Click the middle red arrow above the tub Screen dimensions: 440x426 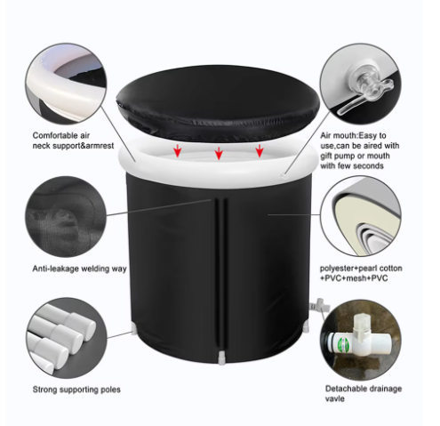pos(219,153)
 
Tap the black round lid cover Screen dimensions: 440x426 pos(219,103)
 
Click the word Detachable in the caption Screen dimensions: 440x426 pos(345,389)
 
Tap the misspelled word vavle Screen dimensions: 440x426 pos(335,398)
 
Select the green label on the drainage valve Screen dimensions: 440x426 pos(342,344)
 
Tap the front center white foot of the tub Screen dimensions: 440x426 pos(221,358)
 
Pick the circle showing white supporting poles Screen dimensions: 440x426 pos(66,338)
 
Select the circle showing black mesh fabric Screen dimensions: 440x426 pos(66,217)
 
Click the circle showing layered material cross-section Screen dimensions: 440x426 pos(360,215)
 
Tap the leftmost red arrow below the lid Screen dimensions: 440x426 pos(177,151)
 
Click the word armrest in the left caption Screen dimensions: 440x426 pos(99,146)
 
